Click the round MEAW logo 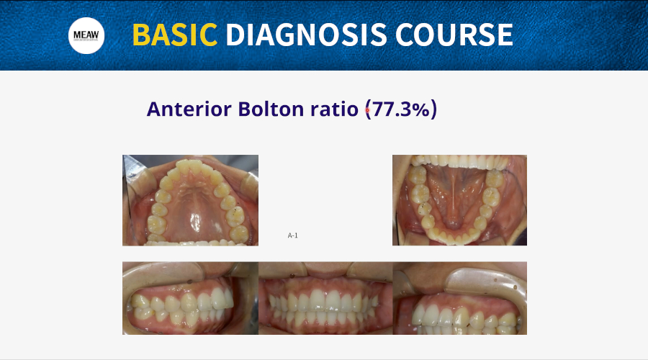pyautogui.click(x=86, y=35)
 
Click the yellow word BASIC pyautogui.click(x=175, y=35)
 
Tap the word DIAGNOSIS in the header pyautogui.click(x=306, y=35)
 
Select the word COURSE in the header pyautogui.click(x=454, y=35)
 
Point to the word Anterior pyautogui.click(x=189, y=109)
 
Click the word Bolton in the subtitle pyautogui.click(x=271, y=109)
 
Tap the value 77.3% pyautogui.click(x=401, y=109)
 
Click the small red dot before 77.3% pyautogui.click(x=367, y=110)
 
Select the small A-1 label pyautogui.click(x=292, y=235)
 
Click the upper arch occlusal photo pyautogui.click(x=191, y=200)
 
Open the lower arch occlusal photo pyautogui.click(x=459, y=200)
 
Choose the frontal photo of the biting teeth pyautogui.click(x=325, y=298)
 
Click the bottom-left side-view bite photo pyautogui.click(x=191, y=298)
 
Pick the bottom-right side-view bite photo pyautogui.click(x=459, y=298)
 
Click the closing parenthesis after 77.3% pyautogui.click(x=433, y=109)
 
